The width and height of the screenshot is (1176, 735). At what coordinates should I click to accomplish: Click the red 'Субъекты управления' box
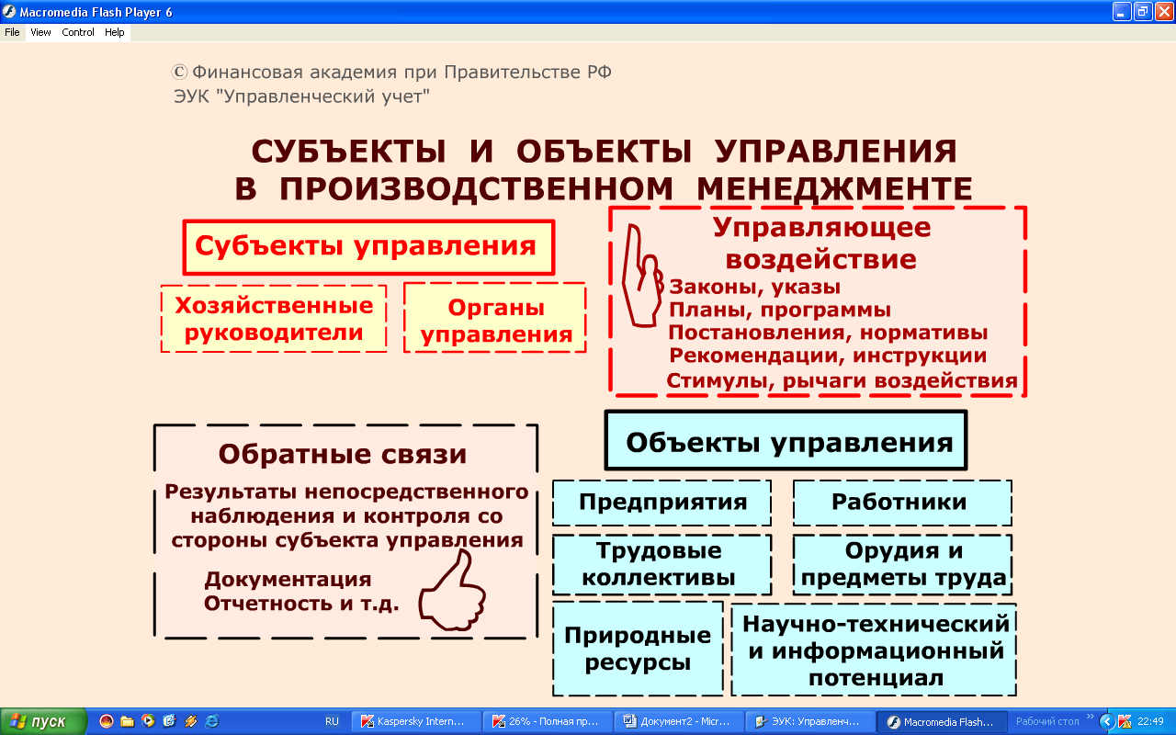pyautogui.click(x=368, y=247)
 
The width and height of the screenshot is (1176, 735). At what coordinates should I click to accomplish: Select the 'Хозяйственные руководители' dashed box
pyautogui.click(x=274, y=319)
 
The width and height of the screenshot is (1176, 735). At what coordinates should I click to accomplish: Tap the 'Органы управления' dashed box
pyautogui.click(x=495, y=318)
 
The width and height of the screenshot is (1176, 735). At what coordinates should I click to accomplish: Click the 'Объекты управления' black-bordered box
pyautogui.click(x=786, y=440)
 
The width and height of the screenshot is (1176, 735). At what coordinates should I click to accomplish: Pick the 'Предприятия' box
pyautogui.click(x=661, y=503)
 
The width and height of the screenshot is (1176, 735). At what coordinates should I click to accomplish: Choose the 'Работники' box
pyautogui.click(x=902, y=503)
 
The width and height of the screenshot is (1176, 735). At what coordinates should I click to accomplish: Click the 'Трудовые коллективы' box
pyautogui.click(x=661, y=564)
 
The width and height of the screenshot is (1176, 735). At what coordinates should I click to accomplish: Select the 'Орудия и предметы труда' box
pyautogui.click(x=902, y=564)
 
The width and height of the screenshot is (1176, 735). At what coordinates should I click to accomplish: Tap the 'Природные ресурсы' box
pyautogui.click(x=638, y=649)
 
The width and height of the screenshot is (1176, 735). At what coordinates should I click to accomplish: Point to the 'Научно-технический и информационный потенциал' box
pyautogui.click(x=874, y=650)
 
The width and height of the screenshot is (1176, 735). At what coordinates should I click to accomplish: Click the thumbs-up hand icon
pyautogui.click(x=453, y=591)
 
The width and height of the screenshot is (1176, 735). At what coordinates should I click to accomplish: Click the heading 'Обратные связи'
pyautogui.click(x=343, y=454)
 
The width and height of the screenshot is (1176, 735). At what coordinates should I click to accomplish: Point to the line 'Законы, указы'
pyautogui.click(x=754, y=287)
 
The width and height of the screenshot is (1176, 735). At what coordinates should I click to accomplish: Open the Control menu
pyautogui.click(x=78, y=32)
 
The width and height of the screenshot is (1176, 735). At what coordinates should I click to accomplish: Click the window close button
pyautogui.click(x=1163, y=12)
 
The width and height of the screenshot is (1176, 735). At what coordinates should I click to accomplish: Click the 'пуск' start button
pyautogui.click(x=43, y=721)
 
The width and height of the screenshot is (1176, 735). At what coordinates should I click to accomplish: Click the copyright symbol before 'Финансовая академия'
pyautogui.click(x=179, y=72)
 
